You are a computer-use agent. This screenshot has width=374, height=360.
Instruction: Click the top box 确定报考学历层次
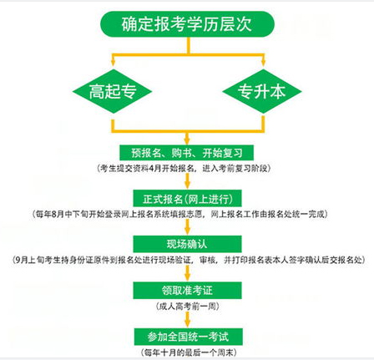[x=187, y=24]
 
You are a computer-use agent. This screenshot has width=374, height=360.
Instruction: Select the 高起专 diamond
[x=112, y=91]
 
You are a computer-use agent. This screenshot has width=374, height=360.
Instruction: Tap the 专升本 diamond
[x=262, y=91]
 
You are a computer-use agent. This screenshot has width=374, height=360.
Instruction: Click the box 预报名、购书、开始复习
[x=187, y=153]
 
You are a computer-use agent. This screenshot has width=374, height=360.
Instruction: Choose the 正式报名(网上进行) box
[x=187, y=199]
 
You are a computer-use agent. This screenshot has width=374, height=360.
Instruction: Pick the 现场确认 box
[x=187, y=244]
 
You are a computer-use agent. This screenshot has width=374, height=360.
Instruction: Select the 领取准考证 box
[x=187, y=291]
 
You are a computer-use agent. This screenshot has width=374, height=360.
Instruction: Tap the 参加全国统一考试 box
[x=188, y=337]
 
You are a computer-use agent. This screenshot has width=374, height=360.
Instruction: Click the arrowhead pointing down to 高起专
[x=113, y=63]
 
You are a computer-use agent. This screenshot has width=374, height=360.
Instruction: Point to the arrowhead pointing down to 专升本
[x=264, y=63]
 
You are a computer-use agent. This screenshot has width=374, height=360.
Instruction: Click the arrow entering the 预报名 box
[x=187, y=138]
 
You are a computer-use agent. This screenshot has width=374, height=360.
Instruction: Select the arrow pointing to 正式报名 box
[x=187, y=181]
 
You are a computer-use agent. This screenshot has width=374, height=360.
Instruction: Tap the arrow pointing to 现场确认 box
[x=187, y=227]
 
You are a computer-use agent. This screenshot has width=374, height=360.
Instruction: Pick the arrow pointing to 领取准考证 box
[x=187, y=273]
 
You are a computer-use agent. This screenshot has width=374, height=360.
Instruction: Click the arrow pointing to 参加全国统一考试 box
[x=188, y=320]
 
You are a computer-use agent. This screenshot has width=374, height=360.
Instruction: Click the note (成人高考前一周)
[x=187, y=307]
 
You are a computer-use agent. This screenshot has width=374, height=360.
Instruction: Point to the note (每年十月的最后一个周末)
[x=189, y=352]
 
